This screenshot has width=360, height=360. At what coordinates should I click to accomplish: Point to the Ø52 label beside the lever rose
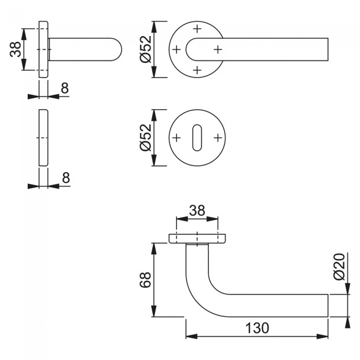pyautogui.click(x=145, y=49)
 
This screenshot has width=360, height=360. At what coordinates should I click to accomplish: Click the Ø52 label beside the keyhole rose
pyautogui.click(x=145, y=137)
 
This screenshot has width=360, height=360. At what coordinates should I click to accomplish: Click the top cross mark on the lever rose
pyautogui.click(x=197, y=28)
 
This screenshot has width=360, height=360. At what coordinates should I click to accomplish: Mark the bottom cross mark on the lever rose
pyautogui.click(x=197, y=70)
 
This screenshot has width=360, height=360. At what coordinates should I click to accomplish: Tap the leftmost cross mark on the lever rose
pyautogui.click(x=176, y=49)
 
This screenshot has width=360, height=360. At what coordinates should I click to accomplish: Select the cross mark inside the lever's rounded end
pyautogui.click(x=218, y=49)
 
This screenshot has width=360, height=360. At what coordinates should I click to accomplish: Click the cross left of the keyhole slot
pyautogui.click(x=176, y=137)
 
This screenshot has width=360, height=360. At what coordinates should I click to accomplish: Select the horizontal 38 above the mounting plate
pyautogui.click(x=197, y=210)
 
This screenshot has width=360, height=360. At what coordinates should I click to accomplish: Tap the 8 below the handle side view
pyautogui.click(x=65, y=87)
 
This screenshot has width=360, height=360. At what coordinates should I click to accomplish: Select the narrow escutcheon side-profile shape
pyautogui.click(x=43, y=137)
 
